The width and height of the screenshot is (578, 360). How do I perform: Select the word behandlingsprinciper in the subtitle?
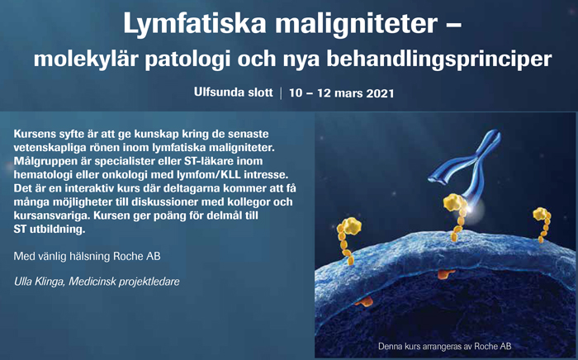[x=439, y=59]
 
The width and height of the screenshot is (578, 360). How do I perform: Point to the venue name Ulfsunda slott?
[x=234, y=92]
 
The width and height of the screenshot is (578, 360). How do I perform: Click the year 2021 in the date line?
[x=380, y=93]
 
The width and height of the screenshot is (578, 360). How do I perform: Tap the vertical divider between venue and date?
[x=281, y=92]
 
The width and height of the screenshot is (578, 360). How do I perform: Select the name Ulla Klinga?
[x=39, y=282]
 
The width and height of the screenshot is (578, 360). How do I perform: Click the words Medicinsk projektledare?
[x=124, y=282]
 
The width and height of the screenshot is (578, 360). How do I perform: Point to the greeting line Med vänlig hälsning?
[x=62, y=257]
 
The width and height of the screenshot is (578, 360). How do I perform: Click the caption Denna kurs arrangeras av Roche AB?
[x=444, y=346]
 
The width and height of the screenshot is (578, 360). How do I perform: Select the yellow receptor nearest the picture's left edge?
[x=348, y=239]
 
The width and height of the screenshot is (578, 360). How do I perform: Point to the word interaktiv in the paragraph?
[x=88, y=188]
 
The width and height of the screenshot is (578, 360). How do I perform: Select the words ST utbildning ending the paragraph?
[x=50, y=230]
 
